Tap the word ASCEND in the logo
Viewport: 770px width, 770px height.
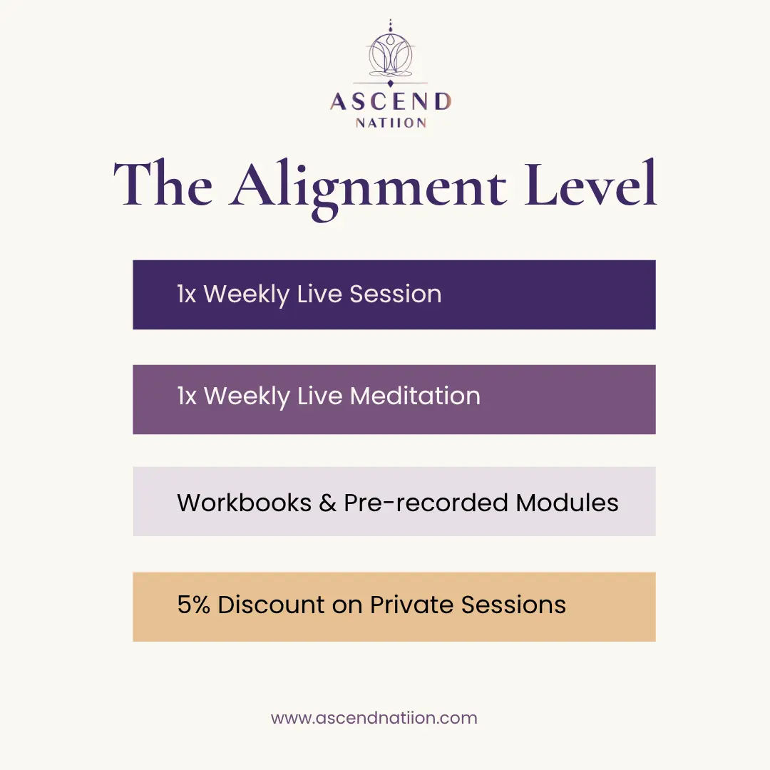tap(391, 102)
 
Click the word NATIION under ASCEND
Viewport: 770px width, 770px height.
tap(391, 123)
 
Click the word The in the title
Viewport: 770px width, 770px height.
tap(163, 183)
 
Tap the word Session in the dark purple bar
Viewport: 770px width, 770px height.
tap(395, 294)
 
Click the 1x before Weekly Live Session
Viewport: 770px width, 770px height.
tap(187, 294)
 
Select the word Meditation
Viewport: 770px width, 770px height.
tap(415, 396)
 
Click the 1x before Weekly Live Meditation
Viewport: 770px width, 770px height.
tap(187, 396)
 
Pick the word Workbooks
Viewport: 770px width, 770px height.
tap(244, 503)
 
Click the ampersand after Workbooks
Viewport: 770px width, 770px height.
tap(327, 503)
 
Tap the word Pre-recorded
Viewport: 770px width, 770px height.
tap(426, 503)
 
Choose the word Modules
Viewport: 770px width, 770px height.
tap(568, 503)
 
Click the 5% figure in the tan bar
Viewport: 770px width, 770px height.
tap(193, 605)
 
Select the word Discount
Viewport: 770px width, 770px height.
tap(271, 605)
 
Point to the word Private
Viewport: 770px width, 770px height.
tap(411, 605)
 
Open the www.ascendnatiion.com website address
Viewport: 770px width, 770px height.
tap(374, 718)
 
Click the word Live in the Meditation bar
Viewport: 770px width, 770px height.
tap(319, 396)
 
